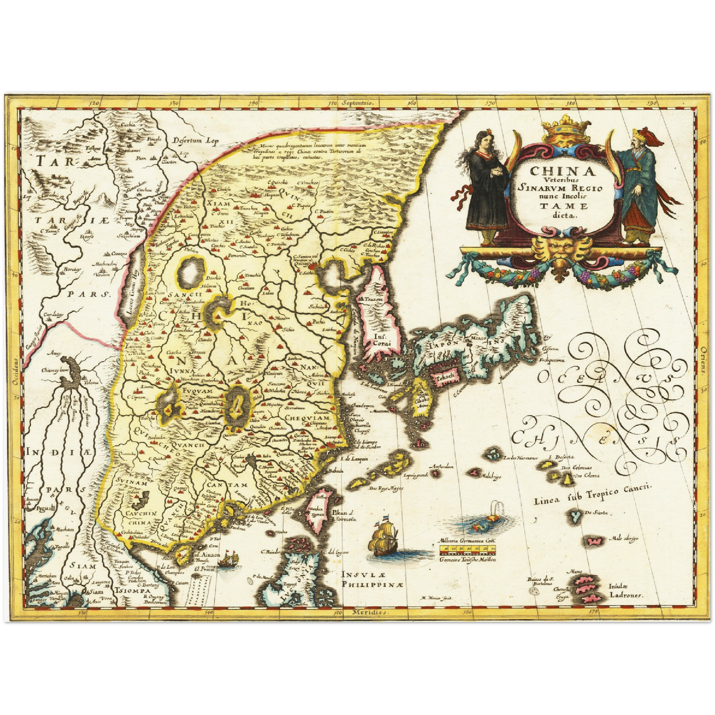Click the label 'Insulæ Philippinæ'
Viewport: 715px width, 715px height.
pyautogui.click(x=372, y=579)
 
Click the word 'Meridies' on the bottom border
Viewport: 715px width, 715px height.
pyautogui.click(x=369, y=613)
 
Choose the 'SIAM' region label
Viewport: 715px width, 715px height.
pyautogui.click(x=82, y=566)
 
